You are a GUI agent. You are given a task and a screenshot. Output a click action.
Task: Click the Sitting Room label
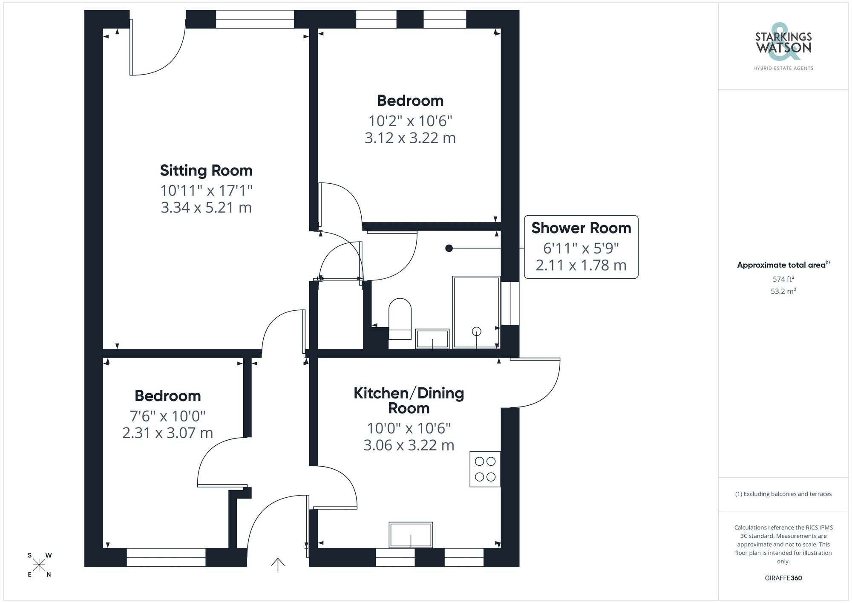pyautogui.click(x=206, y=170)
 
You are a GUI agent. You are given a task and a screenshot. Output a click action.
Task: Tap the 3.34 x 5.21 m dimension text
pyautogui.click(x=206, y=208)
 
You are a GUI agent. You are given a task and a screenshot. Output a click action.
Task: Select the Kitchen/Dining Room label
pyautogui.click(x=409, y=400)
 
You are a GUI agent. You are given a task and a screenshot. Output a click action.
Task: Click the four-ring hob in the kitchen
pyautogui.click(x=485, y=469)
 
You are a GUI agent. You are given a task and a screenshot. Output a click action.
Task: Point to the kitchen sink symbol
pyautogui.click(x=411, y=535)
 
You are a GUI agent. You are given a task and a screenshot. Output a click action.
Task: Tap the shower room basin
pyautogui.click(x=432, y=339)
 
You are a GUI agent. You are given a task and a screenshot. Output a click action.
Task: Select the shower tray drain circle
pyautogui.click(x=476, y=331)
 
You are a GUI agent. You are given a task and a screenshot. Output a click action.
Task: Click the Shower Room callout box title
pyautogui.click(x=581, y=228)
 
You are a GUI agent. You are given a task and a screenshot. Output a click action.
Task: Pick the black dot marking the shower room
pyautogui.click(x=449, y=248)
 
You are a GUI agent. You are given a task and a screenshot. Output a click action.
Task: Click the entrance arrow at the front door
pyautogui.click(x=278, y=564)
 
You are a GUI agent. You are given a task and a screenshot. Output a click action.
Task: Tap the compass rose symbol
pyautogui.click(x=39, y=565)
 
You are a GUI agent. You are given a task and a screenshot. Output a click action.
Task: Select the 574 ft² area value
pyautogui.click(x=783, y=279)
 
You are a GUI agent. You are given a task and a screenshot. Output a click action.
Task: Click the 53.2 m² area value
pyautogui.click(x=783, y=291)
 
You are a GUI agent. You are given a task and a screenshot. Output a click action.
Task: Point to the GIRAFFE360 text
pyautogui.click(x=783, y=578)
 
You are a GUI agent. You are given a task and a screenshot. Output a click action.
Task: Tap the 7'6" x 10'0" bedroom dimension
pyautogui.click(x=167, y=415)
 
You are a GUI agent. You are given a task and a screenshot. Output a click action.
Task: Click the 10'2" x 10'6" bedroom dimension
pyautogui.click(x=410, y=121)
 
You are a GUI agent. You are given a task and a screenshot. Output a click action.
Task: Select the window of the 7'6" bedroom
pyautogui.click(x=166, y=557)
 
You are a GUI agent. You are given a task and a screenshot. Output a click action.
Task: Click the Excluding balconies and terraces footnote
pyautogui.click(x=783, y=494)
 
